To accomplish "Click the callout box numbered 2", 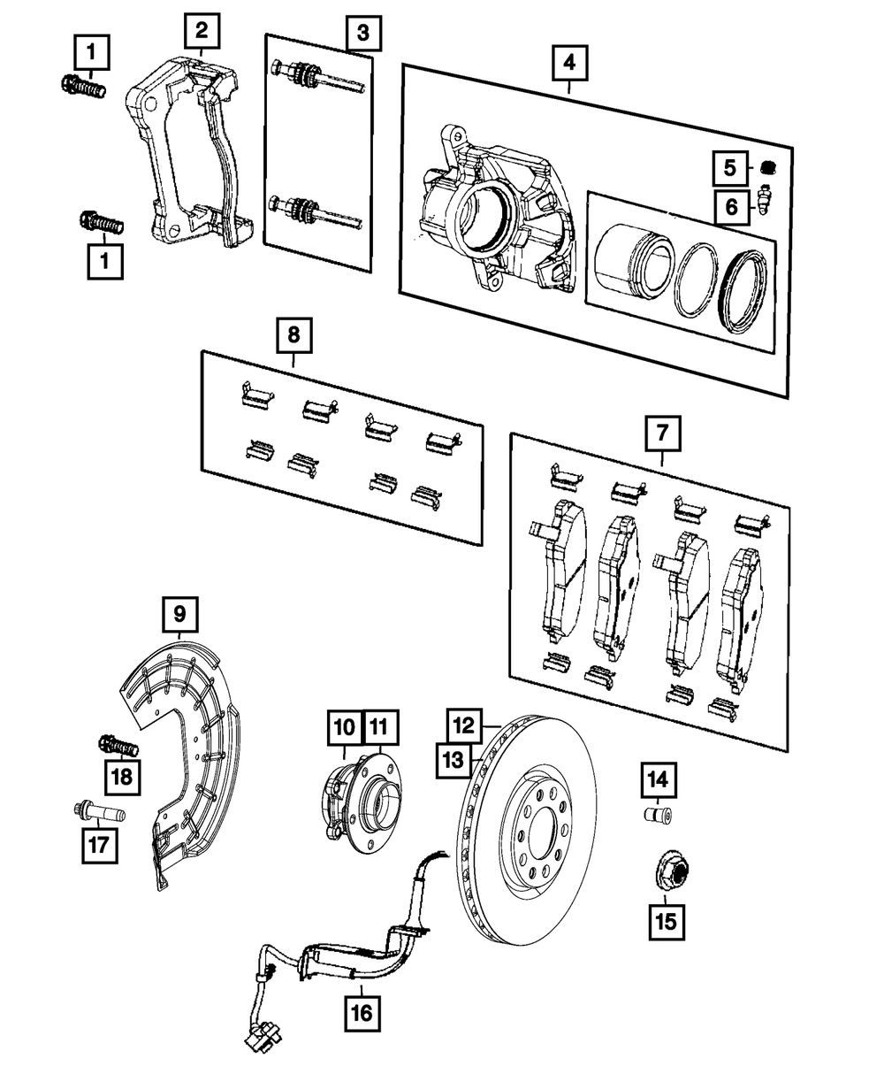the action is (x=202, y=31).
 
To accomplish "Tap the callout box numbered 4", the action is (x=569, y=64).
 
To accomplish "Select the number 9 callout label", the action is (x=179, y=614).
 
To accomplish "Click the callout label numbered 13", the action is (x=453, y=760).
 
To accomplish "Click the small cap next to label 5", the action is (x=768, y=167).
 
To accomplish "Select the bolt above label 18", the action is (x=118, y=745).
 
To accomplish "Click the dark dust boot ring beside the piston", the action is (x=743, y=289).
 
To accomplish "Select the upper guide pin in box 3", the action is (x=317, y=77).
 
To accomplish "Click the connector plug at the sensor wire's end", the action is (x=263, y=1041).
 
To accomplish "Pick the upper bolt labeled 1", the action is (x=83, y=86).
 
